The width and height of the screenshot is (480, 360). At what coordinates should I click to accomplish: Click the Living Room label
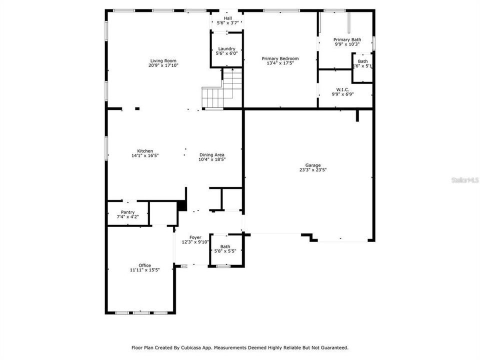click(x=163, y=60)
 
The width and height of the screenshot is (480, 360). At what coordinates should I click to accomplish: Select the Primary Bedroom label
click(x=280, y=58)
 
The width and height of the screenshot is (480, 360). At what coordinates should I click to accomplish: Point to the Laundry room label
click(x=226, y=48)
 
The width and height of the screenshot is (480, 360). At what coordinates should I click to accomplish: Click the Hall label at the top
click(x=227, y=18)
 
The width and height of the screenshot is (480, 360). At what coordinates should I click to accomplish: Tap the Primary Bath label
click(x=347, y=39)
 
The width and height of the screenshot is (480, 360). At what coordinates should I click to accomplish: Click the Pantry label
click(x=127, y=212)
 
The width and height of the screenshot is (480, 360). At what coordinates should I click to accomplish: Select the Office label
click(x=144, y=265)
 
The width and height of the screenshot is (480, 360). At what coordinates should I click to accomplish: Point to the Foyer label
click(x=195, y=237)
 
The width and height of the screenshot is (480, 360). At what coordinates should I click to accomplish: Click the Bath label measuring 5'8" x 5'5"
click(x=225, y=246)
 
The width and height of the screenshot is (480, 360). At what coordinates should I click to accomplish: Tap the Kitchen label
click(x=145, y=151)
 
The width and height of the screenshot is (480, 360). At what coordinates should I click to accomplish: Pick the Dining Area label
click(x=212, y=155)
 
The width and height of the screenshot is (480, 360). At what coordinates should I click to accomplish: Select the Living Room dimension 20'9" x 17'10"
click(x=163, y=65)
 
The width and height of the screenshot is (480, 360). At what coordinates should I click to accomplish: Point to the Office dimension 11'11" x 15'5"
click(x=144, y=270)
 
